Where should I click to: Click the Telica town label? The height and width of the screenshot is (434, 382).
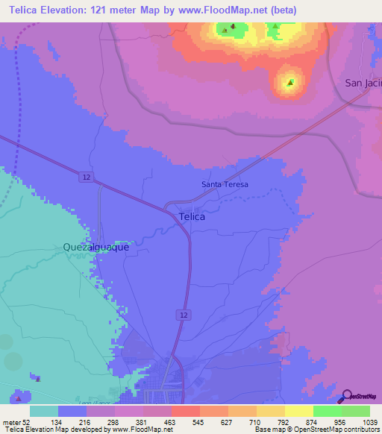point(192,217)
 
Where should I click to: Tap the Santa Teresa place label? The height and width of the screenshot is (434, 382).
point(224,184)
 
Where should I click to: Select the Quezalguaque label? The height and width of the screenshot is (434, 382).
point(96,246)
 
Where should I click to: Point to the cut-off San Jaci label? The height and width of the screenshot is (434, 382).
point(363,83)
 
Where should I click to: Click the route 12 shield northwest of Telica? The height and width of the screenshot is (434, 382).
point(87,176)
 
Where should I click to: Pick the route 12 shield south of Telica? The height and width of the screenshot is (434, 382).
point(183,315)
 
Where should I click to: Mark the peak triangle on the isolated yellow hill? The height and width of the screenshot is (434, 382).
point(290,82)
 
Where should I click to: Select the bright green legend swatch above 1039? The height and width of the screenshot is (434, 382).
point(356,411)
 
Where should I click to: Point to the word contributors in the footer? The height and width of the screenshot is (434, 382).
point(361,430)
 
